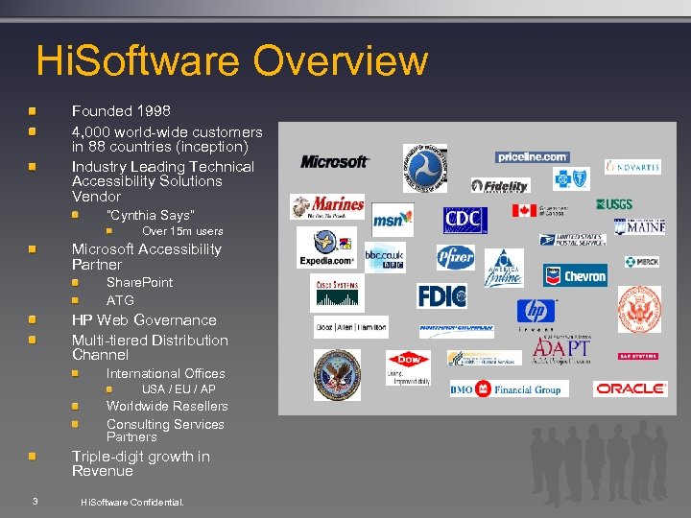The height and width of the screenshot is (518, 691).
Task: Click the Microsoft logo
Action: click(334, 161)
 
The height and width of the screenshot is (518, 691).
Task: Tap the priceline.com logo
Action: click(533, 156)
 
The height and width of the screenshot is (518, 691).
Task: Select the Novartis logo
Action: click(632, 167)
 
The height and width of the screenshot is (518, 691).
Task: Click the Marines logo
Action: click(327, 205)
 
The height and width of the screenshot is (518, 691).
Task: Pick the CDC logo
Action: click(465, 220)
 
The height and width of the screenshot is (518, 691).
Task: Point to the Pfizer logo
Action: click(456, 257)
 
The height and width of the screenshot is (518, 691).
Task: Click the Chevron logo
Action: click(576, 275)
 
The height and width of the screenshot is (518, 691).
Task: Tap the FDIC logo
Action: click(441, 295)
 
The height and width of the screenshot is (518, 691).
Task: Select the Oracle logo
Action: click(631, 388)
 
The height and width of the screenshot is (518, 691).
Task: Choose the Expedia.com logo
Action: click(326, 247)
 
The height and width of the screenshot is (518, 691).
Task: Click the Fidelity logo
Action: click(500, 185)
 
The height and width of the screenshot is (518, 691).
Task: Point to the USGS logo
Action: click(614, 204)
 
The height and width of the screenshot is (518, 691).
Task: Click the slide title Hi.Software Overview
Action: click(231, 60)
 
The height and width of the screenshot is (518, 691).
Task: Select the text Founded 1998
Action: click(121, 111)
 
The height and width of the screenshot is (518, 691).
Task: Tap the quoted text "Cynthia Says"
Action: click(150, 215)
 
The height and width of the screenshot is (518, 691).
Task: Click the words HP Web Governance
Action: click(144, 320)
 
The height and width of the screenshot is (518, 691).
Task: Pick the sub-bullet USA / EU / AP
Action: click(179, 389)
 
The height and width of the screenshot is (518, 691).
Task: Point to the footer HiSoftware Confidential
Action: click(131, 502)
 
